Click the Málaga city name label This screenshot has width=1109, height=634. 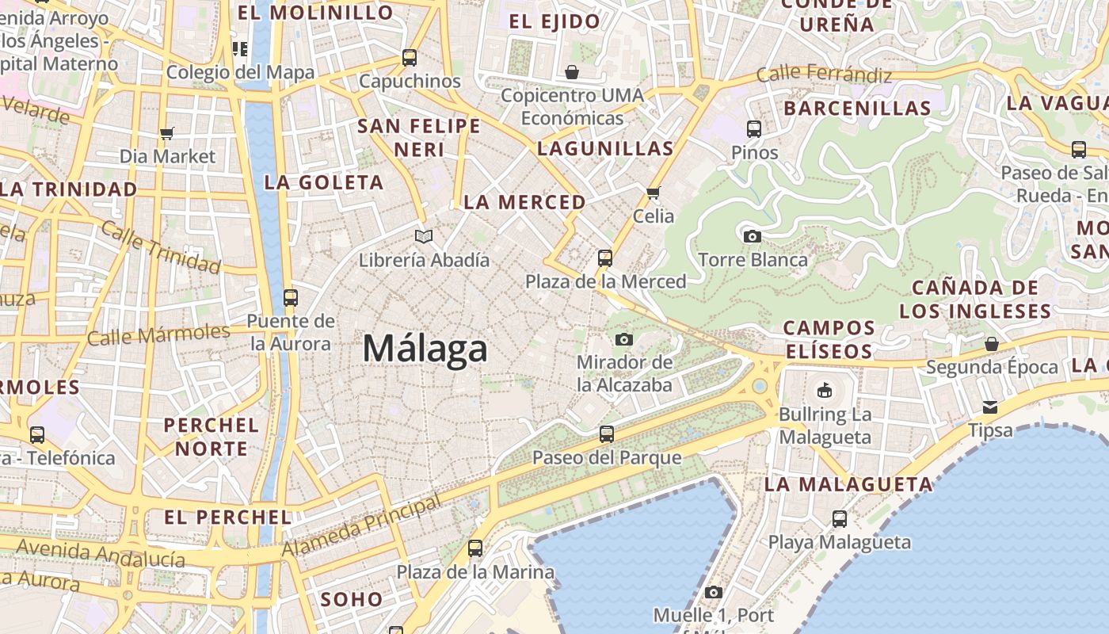[x=425, y=349]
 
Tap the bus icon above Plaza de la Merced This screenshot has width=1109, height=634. [x=605, y=258]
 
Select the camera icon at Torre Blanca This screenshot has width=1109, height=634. [x=752, y=236]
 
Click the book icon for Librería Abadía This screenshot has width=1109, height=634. [x=424, y=236]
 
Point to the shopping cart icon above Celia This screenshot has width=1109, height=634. [x=654, y=193]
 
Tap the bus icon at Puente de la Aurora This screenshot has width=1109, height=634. [x=291, y=297]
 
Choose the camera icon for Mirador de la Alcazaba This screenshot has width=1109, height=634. [x=624, y=339]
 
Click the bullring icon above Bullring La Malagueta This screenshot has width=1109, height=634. [x=825, y=391]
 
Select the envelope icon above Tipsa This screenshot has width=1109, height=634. [x=990, y=407]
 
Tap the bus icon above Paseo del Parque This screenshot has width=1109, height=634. [x=607, y=433]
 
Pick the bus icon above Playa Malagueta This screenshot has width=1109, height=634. [x=840, y=519]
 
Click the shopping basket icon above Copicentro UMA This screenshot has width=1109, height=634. [x=572, y=72]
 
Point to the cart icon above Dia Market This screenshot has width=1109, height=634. [x=167, y=133]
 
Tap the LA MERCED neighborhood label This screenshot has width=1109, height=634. [x=524, y=202]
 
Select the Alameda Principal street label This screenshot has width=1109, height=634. [x=361, y=525]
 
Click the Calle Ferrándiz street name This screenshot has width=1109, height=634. [x=824, y=74]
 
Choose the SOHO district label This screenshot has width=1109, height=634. [x=353, y=599]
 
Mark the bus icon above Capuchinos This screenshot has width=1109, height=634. [x=410, y=58]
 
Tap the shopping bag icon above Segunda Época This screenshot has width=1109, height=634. [x=992, y=344]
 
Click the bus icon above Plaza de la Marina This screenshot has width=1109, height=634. [x=475, y=548]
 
